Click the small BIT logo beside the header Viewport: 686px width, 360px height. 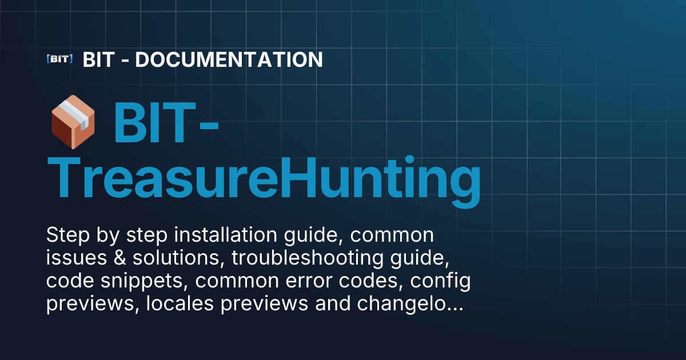tap(59, 59)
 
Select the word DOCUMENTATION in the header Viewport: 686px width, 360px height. tap(229, 59)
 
